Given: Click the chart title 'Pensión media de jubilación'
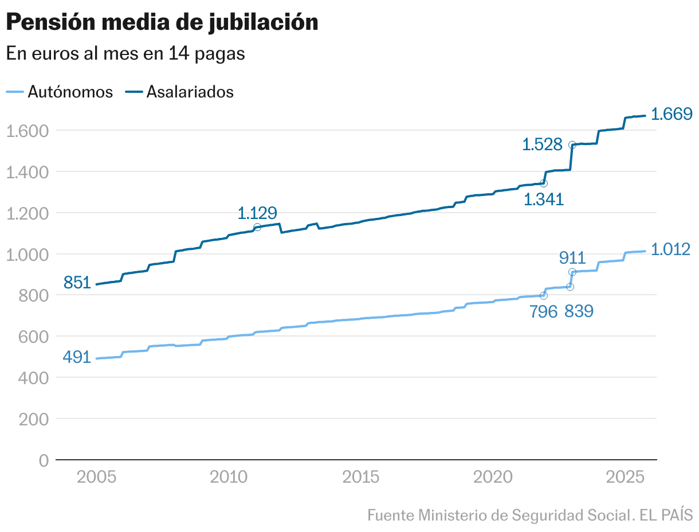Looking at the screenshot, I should click(162, 22).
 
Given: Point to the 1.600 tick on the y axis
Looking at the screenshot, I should click(27, 131).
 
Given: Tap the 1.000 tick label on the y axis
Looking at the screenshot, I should click(27, 254).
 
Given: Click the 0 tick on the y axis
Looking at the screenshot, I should click(44, 460).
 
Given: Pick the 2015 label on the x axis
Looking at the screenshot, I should click(360, 478).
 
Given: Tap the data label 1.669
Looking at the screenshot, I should click(672, 114).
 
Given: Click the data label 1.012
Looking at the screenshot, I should click(671, 250).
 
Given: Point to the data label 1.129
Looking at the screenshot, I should click(257, 213).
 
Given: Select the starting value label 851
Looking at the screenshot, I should click(77, 283).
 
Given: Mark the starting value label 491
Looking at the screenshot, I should click(77, 357).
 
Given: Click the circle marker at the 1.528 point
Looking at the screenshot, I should click(572, 145).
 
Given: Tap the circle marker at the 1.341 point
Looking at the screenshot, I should click(544, 183).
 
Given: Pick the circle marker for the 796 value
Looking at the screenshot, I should click(544, 295).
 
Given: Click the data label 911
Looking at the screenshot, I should click(572, 258).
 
